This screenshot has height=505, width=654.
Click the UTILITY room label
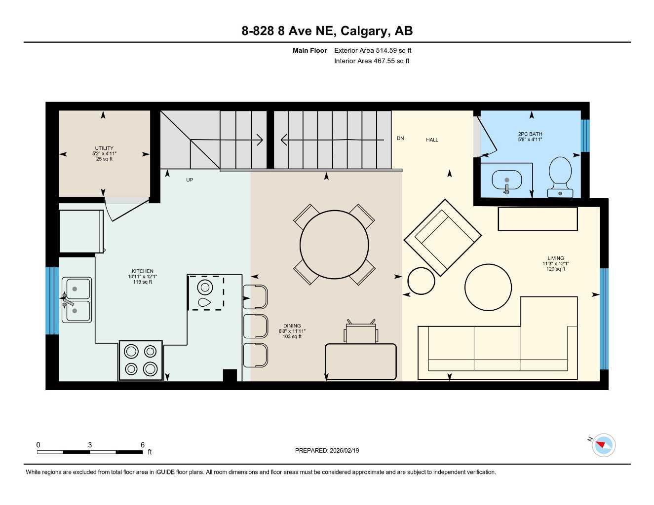104,148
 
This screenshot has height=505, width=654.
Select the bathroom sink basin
506,180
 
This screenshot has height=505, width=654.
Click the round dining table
334,245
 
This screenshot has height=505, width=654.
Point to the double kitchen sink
77,300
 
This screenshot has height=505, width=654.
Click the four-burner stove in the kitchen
141,361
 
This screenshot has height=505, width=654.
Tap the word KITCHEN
142,271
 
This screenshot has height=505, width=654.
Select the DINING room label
292,326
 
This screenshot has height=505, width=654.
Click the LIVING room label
555,258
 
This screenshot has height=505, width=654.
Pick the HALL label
432,140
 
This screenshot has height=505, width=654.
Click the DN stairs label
400,139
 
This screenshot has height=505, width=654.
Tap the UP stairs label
190,180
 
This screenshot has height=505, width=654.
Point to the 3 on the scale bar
90,445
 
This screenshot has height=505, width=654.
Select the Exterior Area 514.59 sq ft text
373,50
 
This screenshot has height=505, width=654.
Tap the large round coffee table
488,288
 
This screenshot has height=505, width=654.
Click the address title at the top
327,31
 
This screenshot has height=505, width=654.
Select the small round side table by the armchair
421,281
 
